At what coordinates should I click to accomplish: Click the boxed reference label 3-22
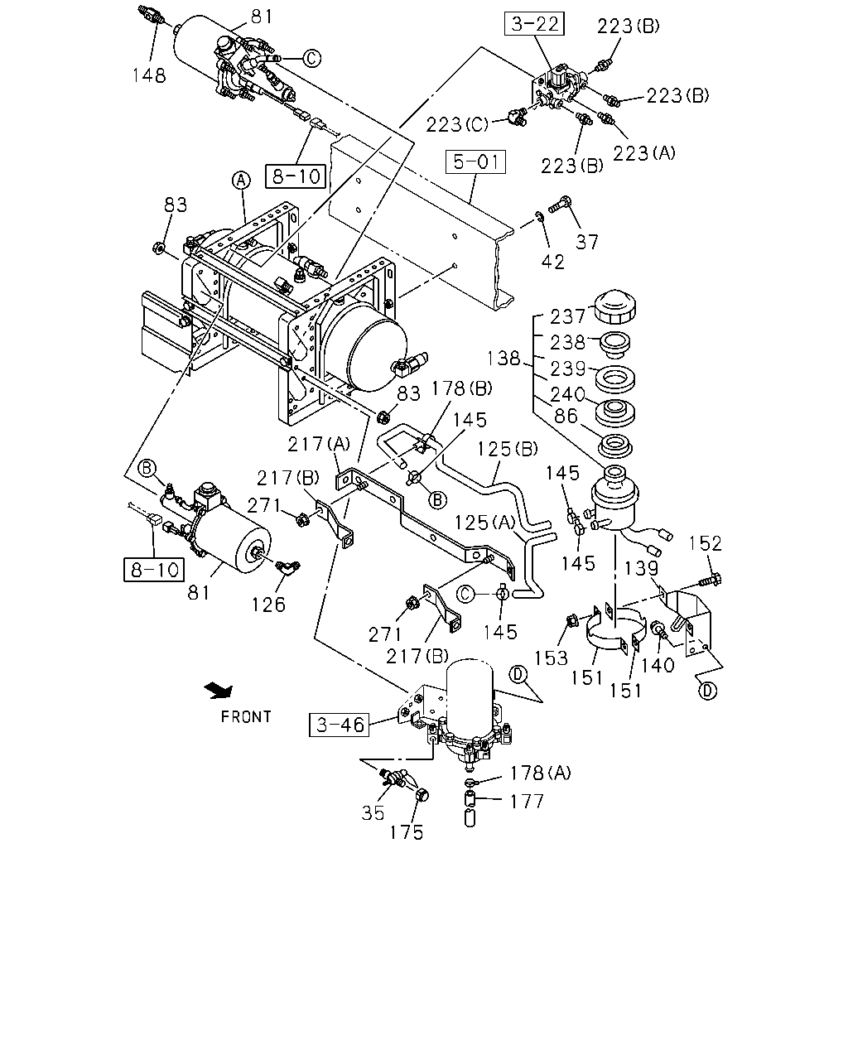(534, 25)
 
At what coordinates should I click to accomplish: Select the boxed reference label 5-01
(475, 162)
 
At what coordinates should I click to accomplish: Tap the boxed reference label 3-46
(339, 725)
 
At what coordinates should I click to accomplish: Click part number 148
(149, 75)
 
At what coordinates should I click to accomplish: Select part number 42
(552, 262)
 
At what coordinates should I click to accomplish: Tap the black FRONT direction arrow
(219, 691)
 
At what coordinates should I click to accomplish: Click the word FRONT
(246, 716)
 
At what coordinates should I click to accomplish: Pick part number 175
(407, 833)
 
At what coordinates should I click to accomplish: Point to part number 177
(527, 802)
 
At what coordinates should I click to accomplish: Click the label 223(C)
(456, 125)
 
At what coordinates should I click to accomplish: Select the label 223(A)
(644, 154)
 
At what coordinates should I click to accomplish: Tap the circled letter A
(241, 181)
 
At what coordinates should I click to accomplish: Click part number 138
(503, 358)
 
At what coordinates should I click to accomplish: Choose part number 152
(705, 543)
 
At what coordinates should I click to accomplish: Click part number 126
(268, 605)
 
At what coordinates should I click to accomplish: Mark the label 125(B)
(508, 449)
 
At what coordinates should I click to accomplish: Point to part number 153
(551, 658)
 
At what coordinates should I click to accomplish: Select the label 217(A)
(319, 445)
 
